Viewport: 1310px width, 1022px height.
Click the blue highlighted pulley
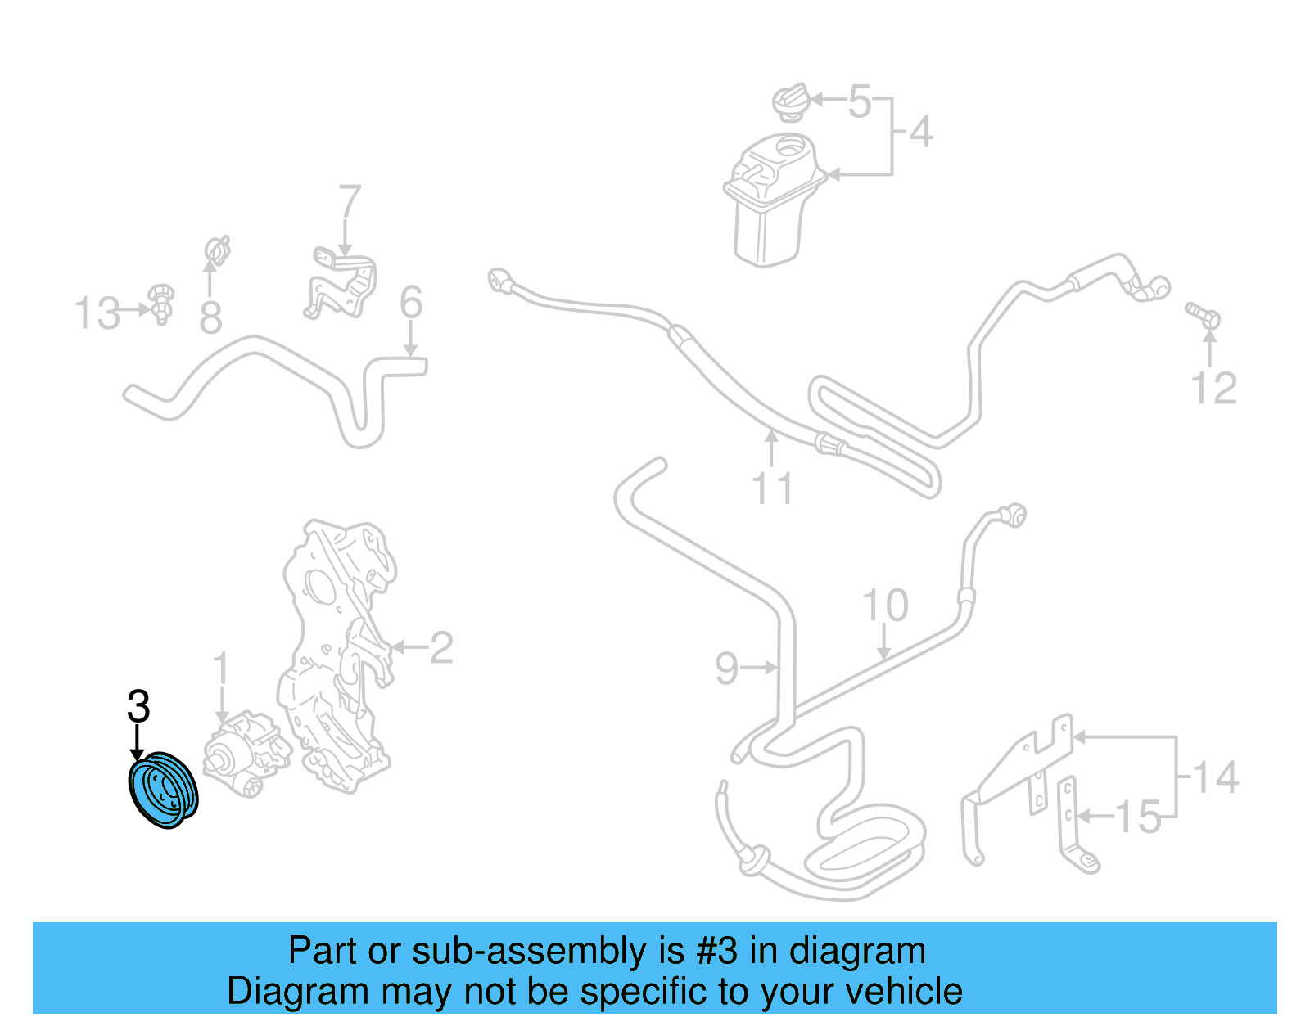164,790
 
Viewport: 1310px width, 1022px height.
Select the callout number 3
138,706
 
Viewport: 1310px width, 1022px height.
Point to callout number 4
921,132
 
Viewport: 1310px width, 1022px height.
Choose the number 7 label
350,201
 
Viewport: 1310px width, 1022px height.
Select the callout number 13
97,313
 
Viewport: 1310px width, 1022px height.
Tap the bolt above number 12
1204,315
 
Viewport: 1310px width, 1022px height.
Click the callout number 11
772,488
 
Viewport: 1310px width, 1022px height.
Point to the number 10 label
885,606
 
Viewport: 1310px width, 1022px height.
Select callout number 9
726,669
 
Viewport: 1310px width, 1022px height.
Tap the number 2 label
441,648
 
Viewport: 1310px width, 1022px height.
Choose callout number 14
1216,777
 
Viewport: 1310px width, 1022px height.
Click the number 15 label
1138,817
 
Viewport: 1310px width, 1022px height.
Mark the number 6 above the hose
411,303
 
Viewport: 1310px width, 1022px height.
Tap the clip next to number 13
161,304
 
